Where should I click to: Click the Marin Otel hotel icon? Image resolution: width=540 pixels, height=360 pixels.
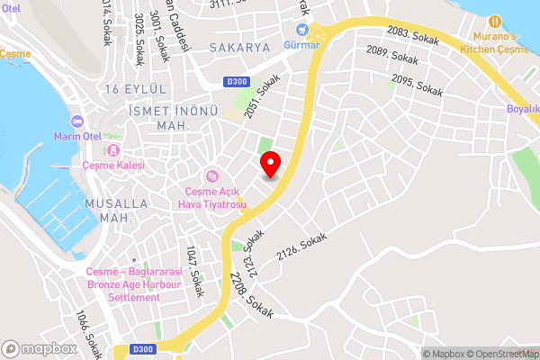[76, 122]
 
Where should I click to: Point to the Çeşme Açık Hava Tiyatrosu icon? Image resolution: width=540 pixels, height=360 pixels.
[212, 176]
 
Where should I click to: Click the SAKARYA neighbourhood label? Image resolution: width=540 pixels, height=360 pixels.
[239, 47]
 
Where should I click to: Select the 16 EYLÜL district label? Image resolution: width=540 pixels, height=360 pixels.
[136, 88]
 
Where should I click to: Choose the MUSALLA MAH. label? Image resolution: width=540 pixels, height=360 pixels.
[109, 211]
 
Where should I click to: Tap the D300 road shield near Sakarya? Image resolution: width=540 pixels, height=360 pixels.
[238, 82]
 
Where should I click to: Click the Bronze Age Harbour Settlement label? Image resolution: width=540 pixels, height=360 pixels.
[134, 284]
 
